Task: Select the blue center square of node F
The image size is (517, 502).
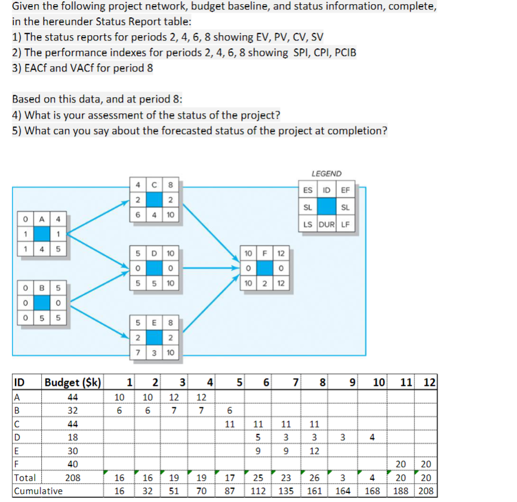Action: tap(267, 268)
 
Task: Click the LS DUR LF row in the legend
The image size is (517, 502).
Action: tap(327, 224)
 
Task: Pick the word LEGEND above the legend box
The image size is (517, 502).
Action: tap(326, 173)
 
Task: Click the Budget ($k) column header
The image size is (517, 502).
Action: tap(73, 382)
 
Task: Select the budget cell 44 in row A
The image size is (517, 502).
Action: tap(73, 397)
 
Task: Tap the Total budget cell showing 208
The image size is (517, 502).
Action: tap(73, 478)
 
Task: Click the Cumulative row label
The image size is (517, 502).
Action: tap(38, 491)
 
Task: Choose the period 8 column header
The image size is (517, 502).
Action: tap(322, 382)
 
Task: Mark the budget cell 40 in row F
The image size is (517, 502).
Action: tap(73, 464)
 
